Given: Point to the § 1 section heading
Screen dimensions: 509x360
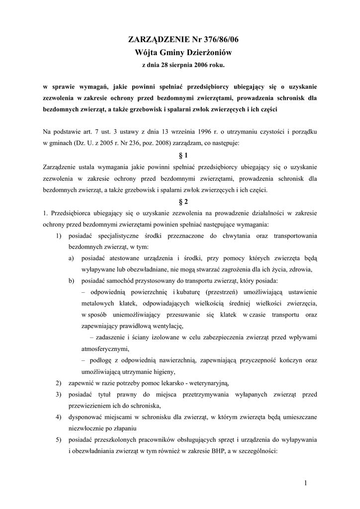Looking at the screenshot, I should pos(180,155).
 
